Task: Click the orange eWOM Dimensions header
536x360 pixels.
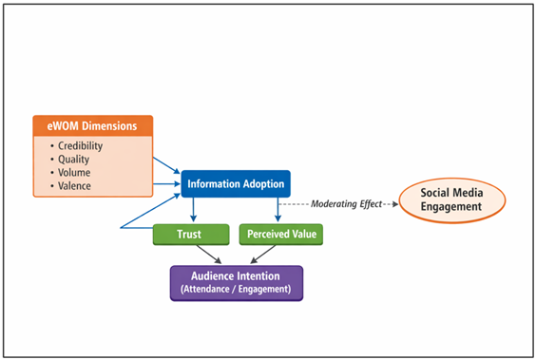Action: [x=92, y=125]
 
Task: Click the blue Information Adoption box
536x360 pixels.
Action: [x=235, y=183]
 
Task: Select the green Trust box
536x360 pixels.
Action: [x=191, y=233]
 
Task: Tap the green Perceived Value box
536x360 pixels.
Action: [x=281, y=233]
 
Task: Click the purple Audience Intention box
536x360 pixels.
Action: [x=236, y=282]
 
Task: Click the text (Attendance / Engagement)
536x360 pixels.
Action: [x=236, y=289]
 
